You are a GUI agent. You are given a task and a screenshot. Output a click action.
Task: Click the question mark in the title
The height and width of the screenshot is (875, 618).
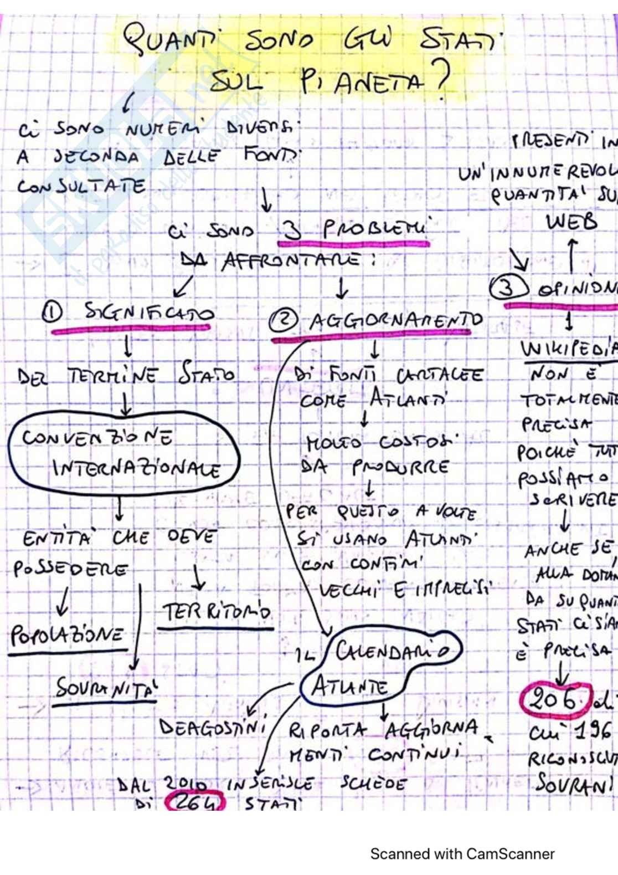tap(441, 79)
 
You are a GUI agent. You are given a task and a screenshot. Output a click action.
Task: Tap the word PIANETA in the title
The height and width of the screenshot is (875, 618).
tap(363, 83)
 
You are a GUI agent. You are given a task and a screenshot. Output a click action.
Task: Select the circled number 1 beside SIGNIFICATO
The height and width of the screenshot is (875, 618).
tap(53, 313)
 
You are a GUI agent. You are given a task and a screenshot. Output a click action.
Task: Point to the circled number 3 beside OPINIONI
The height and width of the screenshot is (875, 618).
tap(509, 288)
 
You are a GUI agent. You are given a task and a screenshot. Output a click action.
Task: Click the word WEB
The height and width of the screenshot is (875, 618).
tap(571, 222)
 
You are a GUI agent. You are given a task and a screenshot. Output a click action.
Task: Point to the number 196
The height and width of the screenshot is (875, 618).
tap(591, 733)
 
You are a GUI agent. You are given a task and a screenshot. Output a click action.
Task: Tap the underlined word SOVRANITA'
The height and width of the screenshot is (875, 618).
tap(106, 689)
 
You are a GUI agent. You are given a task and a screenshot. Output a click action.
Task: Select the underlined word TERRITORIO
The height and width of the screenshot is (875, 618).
tap(216, 612)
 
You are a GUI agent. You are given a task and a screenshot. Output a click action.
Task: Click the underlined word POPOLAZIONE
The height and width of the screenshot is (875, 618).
tap(67, 634)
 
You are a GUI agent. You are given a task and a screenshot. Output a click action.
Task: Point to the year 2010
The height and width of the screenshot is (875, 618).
tap(186, 784)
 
